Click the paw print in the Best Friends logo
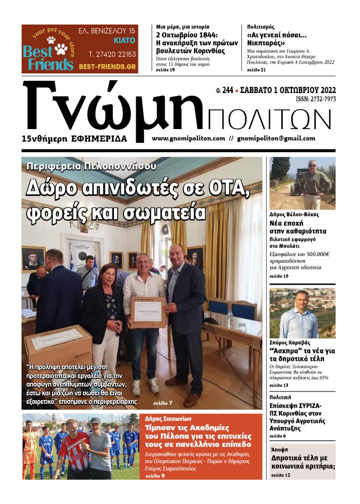coord(61,48)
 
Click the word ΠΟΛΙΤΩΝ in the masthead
coord(269,120)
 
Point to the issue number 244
coord(228,90)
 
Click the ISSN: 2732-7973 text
coord(316,100)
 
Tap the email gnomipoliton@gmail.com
coord(276,138)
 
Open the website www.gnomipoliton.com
coord(189,138)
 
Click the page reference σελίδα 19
coord(165,70)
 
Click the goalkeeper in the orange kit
coord(30,448)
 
